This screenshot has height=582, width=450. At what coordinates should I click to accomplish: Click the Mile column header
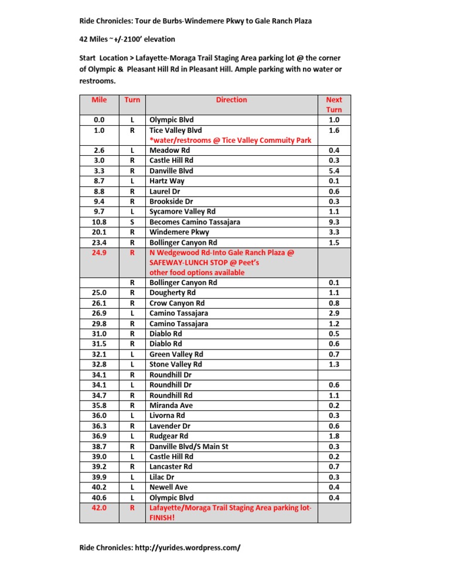click(x=99, y=100)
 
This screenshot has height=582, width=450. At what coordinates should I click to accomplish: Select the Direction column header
click(x=231, y=100)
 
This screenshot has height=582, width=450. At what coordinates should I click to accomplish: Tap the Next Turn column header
click(x=333, y=104)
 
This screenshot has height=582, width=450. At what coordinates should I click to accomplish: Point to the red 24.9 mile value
click(x=99, y=252)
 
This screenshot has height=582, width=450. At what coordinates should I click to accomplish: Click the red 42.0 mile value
click(x=99, y=508)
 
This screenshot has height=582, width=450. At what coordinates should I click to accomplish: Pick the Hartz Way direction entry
click(x=166, y=181)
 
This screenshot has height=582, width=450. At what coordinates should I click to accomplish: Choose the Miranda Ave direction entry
click(x=171, y=405)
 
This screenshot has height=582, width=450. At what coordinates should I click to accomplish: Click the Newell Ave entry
click(x=168, y=487)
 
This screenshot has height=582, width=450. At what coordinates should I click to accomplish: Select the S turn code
click(x=132, y=222)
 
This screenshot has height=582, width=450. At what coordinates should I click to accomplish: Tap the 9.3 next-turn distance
click(x=333, y=222)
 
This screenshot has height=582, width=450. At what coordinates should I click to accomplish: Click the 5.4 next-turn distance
click(x=333, y=171)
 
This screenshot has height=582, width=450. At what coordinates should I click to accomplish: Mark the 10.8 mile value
click(x=99, y=222)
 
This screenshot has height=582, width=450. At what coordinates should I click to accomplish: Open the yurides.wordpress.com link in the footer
click(x=194, y=548)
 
